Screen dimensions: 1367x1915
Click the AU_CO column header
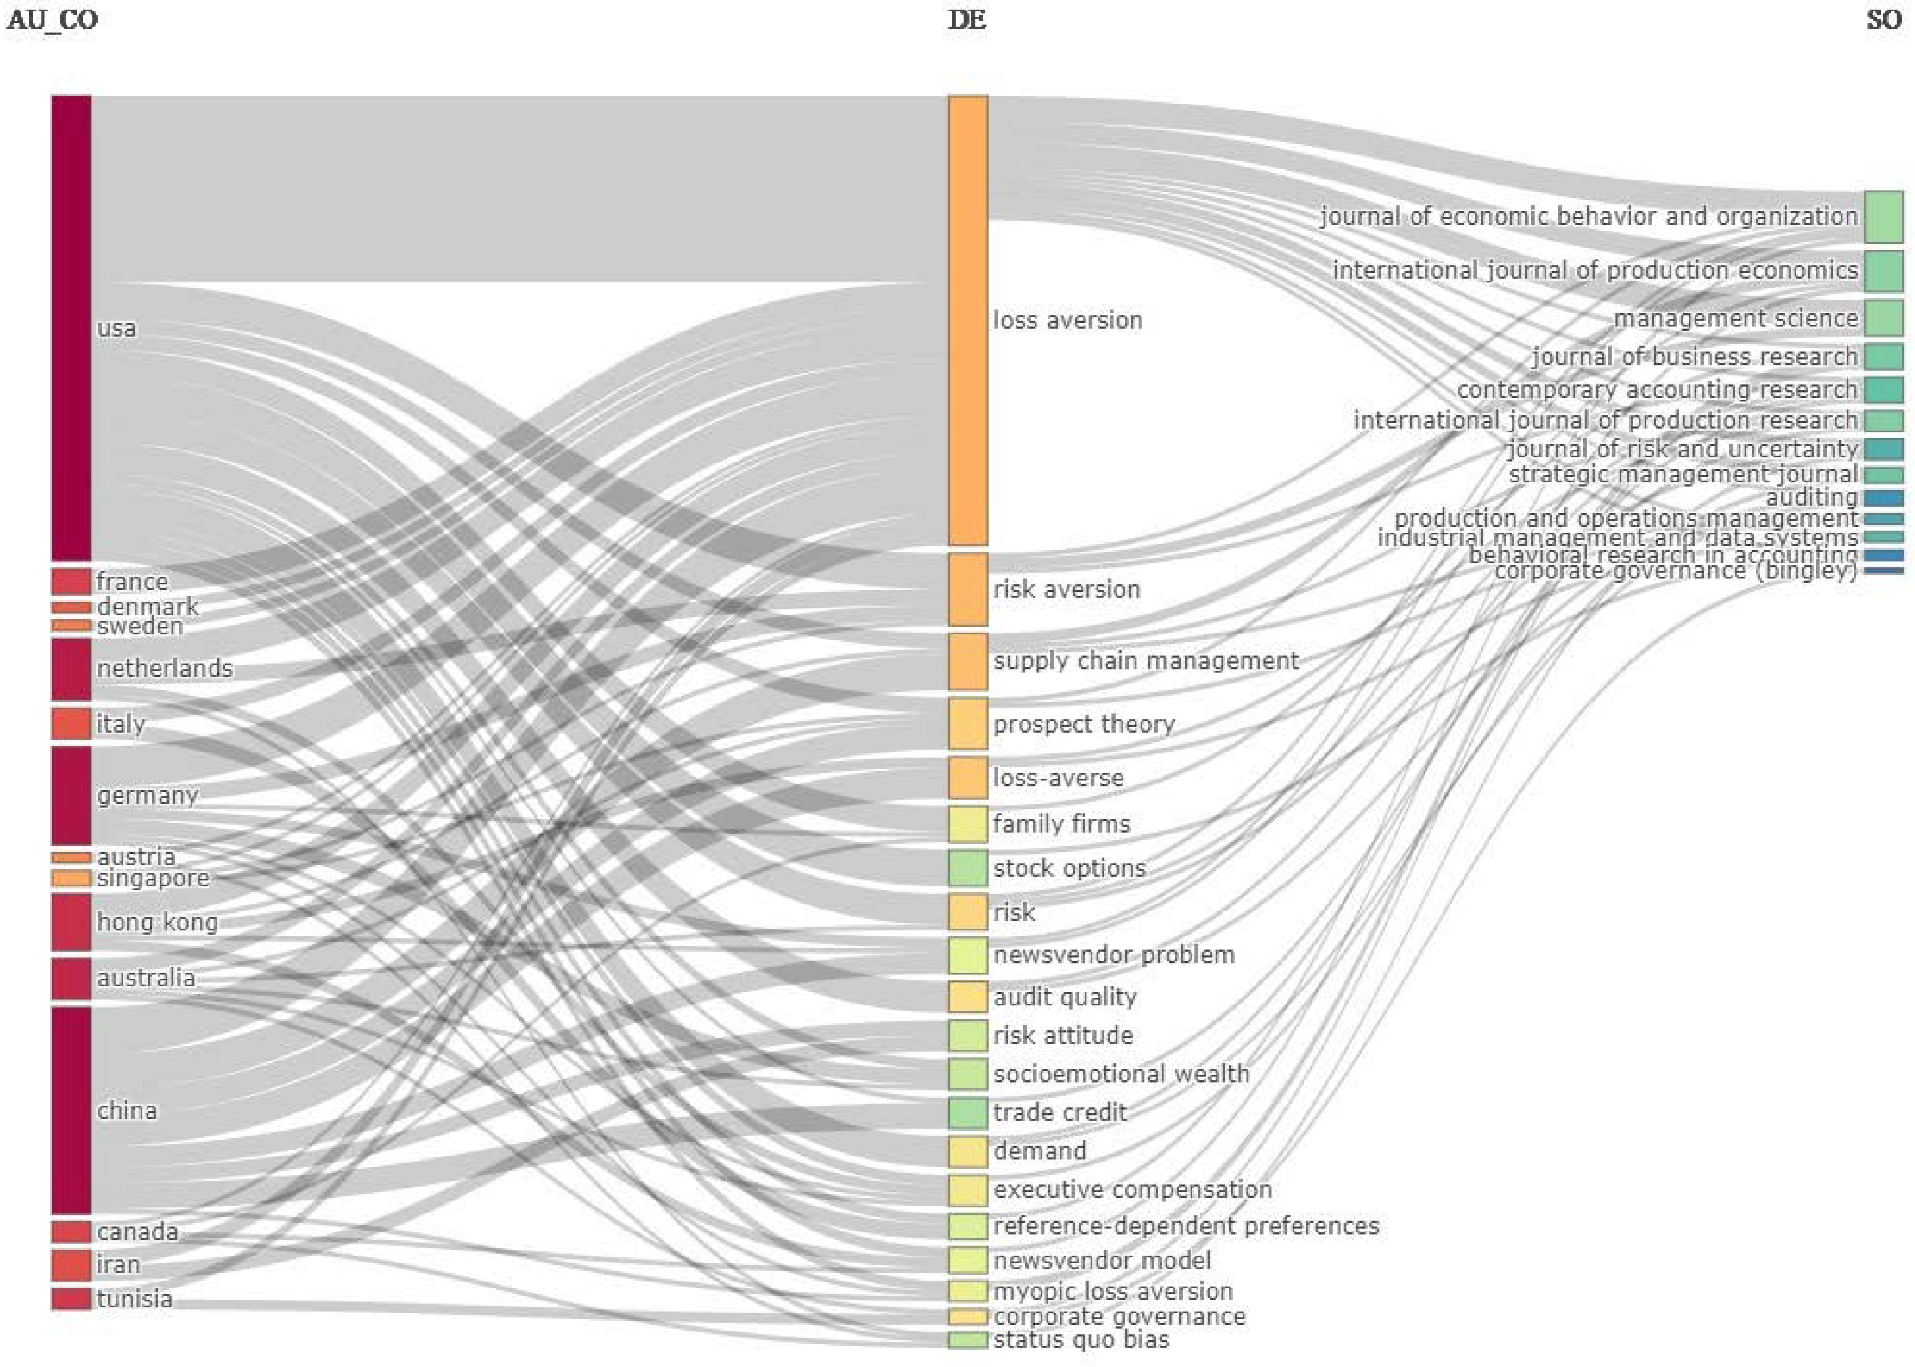tap(52, 20)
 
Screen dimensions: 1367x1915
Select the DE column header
tap(966, 20)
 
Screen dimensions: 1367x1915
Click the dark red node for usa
tap(71, 328)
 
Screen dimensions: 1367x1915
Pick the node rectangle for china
tap(71, 1110)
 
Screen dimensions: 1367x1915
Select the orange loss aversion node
tap(968, 320)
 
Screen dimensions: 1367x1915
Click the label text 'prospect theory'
tap(1083, 724)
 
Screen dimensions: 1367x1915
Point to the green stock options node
tap(968, 868)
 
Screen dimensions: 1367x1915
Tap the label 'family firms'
tap(1061, 823)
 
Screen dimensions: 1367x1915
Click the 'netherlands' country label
tap(164, 668)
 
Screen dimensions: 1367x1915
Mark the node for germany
tap(71, 795)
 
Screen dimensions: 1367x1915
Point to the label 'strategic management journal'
tap(1682, 475)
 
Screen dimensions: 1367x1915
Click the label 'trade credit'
tap(1059, 1113)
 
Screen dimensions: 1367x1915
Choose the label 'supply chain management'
tap(1145, 661)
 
